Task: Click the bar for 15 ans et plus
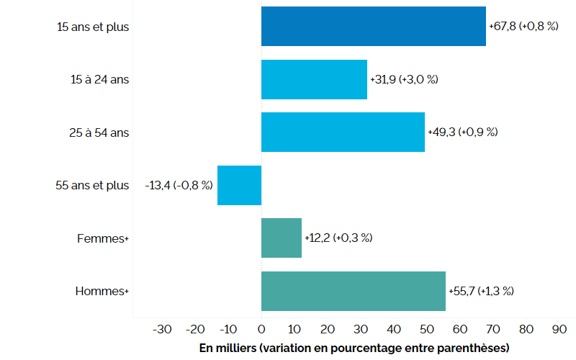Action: click(x=373, y=27)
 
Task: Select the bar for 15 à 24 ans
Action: click(x=314, y=79)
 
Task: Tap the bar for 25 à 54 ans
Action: click(x=343, y=132)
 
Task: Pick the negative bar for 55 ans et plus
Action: click(x=239, y=185)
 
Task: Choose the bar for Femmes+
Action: click(x=282, y=238)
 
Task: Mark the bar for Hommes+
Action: click(x=353, y=291)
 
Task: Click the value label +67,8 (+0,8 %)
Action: click(x=523, y=27)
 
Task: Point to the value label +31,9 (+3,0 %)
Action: click(x=404, y=79)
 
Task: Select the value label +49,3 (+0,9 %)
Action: click(x=462, y=132)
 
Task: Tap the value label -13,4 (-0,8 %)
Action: click(x=179, y=185)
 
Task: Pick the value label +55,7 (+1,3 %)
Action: click(x=481, y=291)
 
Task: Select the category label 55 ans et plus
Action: click(x=92, y=185)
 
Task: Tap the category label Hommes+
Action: click(x=102, y=291)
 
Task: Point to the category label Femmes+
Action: click(x=102, y=238)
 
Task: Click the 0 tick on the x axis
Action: click(x=261, y=329)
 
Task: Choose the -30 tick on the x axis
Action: click(x=162, y=329)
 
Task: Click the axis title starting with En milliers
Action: click(x=354, y=348)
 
